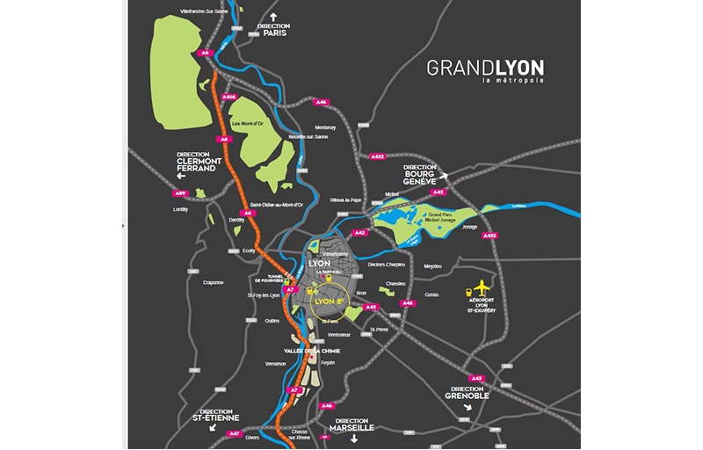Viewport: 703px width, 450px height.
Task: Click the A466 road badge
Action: pyautogui.click(x=230, y=97)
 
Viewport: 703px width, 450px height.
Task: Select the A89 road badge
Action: pyautogui.click(x=180, y=192)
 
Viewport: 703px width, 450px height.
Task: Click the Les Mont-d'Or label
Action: pyautogui.click(x=249, y=124)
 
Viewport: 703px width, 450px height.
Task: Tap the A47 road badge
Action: pyautogui.click(x=234, y=433)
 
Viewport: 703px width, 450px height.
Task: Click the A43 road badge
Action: pyautogui.click(x=372, y=308)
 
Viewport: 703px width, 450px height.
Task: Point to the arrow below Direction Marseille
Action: pyautogui.click(x=355, y=438)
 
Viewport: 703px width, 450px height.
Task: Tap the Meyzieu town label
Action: pyautogui.click(x=432, y=265)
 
